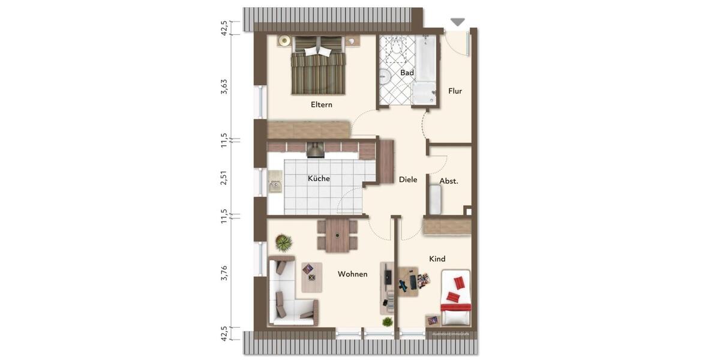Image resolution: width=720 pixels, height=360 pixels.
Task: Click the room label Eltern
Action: [321, 104]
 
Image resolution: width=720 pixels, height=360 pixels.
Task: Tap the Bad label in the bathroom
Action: [407, 73]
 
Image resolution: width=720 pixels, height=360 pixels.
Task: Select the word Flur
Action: [455, 91]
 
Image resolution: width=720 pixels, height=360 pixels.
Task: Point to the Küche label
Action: [319, 178]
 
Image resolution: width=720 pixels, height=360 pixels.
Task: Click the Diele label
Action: [407, 179]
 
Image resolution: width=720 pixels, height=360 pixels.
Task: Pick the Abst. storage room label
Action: [449, 181]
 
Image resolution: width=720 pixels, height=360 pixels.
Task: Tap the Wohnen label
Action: [352, 274]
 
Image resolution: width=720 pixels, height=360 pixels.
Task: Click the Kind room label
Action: [437, 259]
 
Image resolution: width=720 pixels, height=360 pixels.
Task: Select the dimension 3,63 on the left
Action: [224, 86]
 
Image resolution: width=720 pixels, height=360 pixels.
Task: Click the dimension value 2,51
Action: [224, 178]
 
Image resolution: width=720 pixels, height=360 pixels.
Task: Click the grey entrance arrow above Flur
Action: [457, 22]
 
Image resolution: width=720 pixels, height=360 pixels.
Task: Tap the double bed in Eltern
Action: [319, 67]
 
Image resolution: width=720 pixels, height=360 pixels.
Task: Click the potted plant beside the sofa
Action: [283, 242]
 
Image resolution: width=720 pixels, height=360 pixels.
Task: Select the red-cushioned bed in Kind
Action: [455, 298]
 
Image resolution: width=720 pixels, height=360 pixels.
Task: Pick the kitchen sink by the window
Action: [275, 183]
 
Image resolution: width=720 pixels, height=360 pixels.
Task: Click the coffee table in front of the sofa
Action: [311, 277]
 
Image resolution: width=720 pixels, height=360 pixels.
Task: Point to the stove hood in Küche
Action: [315, 149]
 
